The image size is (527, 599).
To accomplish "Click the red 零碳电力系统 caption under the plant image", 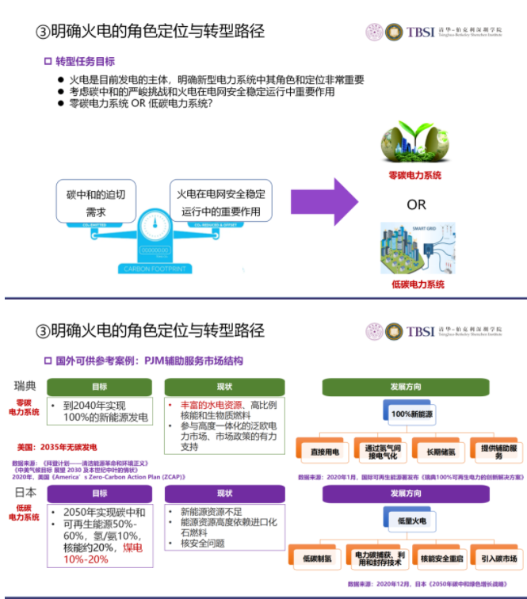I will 415,176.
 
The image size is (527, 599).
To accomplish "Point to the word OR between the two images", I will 416,205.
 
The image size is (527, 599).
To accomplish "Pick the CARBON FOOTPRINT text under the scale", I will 154,269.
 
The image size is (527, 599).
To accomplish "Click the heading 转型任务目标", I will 85,61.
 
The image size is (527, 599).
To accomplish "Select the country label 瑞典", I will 25,386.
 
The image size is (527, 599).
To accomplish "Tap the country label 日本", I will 25,493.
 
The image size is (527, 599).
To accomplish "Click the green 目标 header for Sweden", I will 99,387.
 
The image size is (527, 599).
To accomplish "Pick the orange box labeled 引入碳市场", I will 498,559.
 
